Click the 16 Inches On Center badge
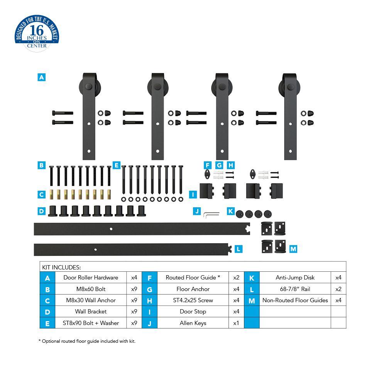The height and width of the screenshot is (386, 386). [37, 34]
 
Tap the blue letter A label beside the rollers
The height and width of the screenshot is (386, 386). [41, 77]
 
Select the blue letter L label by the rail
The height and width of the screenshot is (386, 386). [239, 249]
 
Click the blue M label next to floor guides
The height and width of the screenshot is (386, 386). [293, 249]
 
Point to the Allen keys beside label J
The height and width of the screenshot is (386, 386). [212, 213]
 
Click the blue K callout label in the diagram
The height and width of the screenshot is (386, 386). [230, 211]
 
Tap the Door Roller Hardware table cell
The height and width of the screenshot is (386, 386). [91, 278]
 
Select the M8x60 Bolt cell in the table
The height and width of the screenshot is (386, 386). [91, 289]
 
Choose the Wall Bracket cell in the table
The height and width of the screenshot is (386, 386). [91, 312]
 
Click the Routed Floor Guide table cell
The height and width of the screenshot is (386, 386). [193, 278]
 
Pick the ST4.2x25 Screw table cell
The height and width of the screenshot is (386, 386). [193, 300]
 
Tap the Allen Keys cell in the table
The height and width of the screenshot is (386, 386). [193, 323]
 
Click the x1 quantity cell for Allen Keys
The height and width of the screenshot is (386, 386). [236, 323]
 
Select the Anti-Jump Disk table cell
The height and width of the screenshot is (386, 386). [295, 278]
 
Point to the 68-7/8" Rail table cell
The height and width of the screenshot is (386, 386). [295, 289]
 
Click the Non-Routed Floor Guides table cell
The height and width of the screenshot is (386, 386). [295, 300]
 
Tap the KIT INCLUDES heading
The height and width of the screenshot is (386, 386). [61, 267]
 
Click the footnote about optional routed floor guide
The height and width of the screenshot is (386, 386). [87, 341]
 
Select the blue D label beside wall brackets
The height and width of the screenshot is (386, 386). [41, 211]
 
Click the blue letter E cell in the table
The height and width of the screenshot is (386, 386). [47, 323]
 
